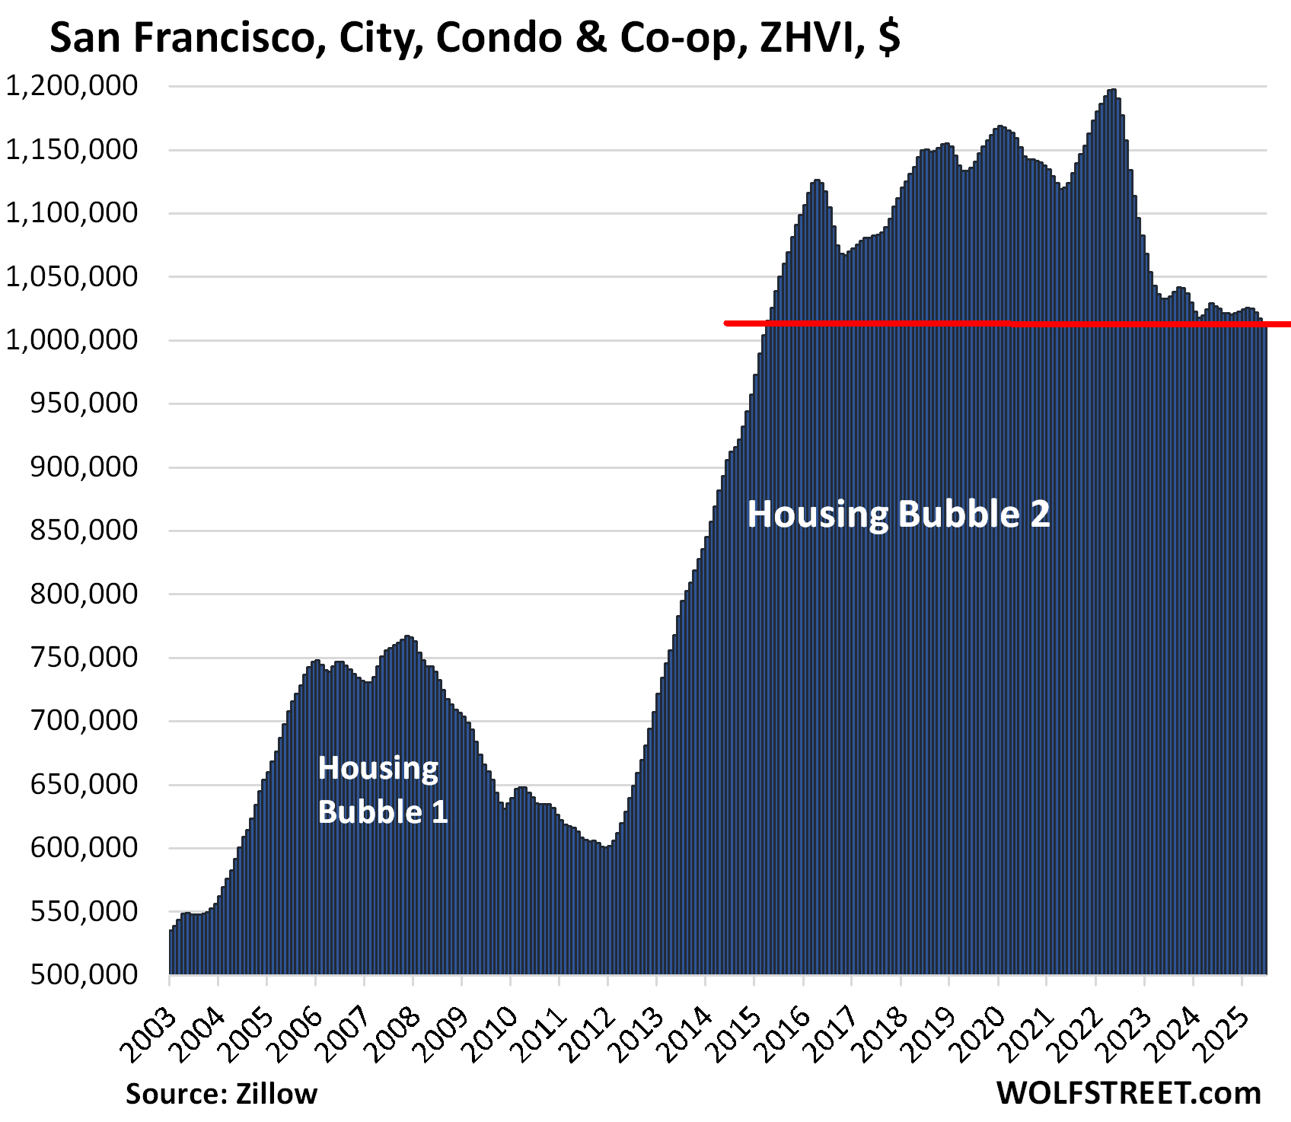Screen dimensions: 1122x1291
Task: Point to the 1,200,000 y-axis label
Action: pos(72,86)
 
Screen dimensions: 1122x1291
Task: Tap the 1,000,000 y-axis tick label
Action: pos(72,339)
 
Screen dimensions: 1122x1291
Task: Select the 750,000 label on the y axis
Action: pos(84,657)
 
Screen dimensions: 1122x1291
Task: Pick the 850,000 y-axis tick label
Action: pos(84,530)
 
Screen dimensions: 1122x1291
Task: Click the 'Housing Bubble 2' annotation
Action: pos(898,515)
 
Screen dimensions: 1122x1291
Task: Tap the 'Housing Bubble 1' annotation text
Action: pos(382,789)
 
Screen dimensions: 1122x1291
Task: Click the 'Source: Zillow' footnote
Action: pos(221,1094)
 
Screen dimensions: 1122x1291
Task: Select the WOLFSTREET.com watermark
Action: pos(1128,1093)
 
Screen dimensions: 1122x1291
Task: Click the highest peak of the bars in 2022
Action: pos(1113,91)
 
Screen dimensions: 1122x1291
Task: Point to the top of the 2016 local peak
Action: pos(817,181)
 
